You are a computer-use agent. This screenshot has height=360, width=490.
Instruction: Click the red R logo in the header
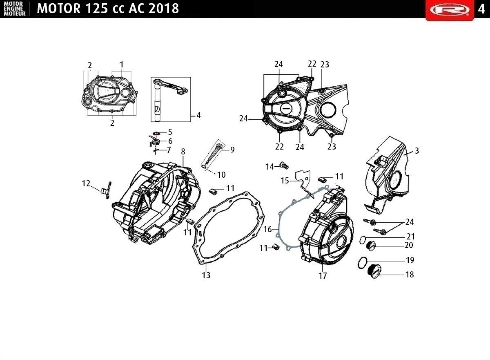click(x=450, y=10)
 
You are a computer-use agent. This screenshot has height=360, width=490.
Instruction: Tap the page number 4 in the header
click(x=481, y=9)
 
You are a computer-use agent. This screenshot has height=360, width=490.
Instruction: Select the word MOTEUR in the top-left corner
click(x=15, y=14)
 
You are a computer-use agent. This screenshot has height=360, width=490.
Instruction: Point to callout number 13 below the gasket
click(x=206, y=275)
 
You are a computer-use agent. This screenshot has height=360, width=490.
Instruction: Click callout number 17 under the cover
click(x=323, y=275)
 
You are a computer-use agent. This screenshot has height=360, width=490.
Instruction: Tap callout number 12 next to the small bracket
click(x=86, y=183)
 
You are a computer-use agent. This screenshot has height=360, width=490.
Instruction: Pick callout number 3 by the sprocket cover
click(x=417, y=150)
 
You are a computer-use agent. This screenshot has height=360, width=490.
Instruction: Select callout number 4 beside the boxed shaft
click(x=198, y=115)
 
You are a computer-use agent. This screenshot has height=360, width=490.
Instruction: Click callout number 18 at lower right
click(x=410, y=274)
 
